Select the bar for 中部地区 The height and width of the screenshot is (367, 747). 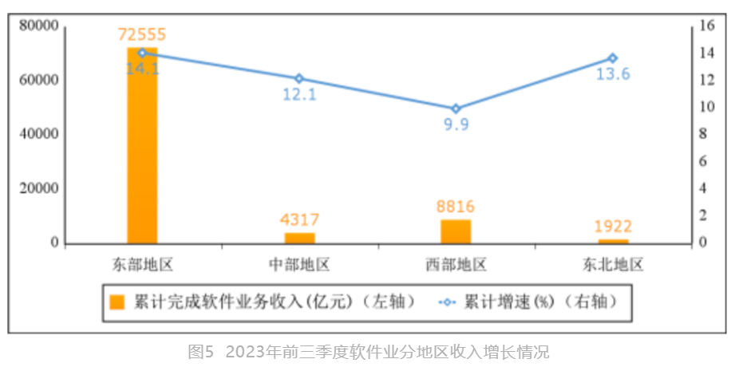299,237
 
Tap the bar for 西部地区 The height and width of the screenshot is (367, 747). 456,231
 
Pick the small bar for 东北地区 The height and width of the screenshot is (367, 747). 613,240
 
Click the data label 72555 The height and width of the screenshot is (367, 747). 142,35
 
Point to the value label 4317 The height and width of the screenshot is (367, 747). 300,218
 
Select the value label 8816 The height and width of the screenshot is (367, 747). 457,206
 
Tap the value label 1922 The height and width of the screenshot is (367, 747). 613,227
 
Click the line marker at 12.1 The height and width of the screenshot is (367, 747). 299,78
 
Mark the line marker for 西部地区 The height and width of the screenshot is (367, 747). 456,109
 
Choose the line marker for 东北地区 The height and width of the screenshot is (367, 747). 613,58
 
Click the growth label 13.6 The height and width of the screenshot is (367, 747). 613,74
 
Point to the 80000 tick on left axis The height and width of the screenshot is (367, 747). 38,26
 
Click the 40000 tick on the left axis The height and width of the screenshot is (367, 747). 38,134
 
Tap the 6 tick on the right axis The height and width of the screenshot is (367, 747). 702,161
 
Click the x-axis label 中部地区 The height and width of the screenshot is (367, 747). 299,264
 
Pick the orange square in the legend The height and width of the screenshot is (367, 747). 117,302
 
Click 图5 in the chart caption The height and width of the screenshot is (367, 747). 200,352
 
